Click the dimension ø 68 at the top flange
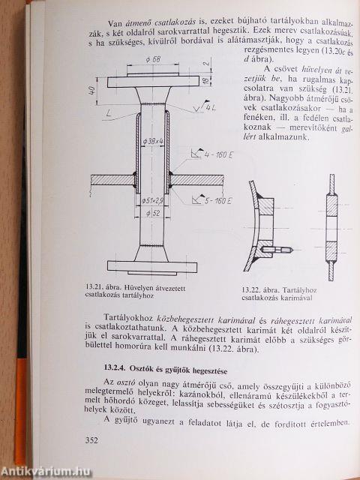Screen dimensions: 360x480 [x=155, y=58]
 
